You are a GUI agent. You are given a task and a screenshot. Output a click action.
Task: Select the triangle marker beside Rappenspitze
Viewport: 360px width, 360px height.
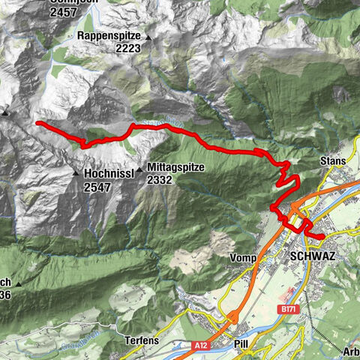pyautogui.click(x=148, y=37)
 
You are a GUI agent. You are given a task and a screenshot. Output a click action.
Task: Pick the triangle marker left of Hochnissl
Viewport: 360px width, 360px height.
pyautogui.click(x=76, y=173)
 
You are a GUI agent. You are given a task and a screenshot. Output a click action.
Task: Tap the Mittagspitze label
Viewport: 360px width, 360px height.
pyautogui.click(x=176, y=167)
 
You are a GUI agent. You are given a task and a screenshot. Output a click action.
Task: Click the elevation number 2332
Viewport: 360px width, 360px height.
pyautogui.click(x=160, y=180)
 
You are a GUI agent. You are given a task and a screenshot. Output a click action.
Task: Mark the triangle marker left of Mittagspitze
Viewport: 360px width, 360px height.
pyautogui.click(x=139, y=169)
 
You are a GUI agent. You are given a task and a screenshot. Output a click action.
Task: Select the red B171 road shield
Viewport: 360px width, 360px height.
pyautogui.click(x=286, y=308)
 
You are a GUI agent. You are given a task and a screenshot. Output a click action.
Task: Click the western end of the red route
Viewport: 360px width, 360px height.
pyautogui.click(x=37, y=122)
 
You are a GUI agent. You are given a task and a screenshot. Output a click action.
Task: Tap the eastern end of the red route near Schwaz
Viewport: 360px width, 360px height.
pyautogui.click(x=322, y=237)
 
